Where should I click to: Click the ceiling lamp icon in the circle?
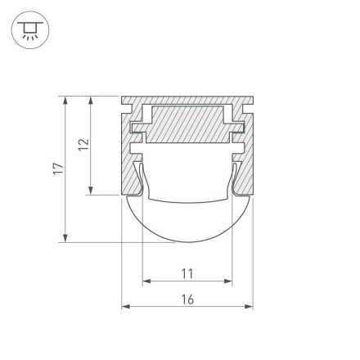pos(29,30)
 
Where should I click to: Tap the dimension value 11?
pos(187,273)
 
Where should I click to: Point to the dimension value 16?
pos(187,299)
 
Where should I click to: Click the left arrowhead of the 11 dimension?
pos(146,282)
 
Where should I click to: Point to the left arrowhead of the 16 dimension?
pos(126,308)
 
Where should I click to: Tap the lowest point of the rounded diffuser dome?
pos(187,243)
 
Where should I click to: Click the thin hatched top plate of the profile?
pos(187,101)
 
